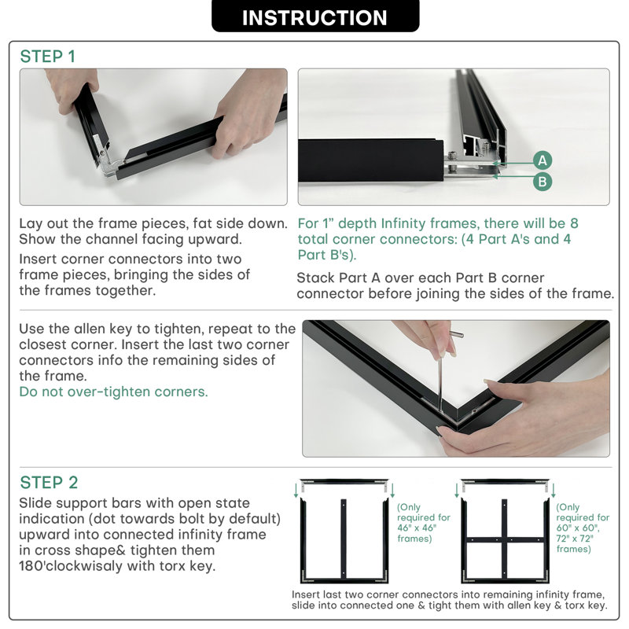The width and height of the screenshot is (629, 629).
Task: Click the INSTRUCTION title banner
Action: tap(315, 16)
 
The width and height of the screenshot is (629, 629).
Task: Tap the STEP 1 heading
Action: tap(48, 57)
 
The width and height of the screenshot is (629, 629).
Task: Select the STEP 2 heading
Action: tap(49, 483)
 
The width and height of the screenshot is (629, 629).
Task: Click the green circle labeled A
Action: tap(543, 160)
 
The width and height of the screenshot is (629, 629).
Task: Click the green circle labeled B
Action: tap(543, 182)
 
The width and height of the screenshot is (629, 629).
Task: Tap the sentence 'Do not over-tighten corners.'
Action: tap(113, 392)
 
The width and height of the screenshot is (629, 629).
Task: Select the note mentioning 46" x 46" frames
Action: tap(424, 523)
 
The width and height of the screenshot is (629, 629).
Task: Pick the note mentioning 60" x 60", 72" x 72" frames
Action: tap(583, 528)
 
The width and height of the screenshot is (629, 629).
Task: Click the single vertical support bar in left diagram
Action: tap(344, 539)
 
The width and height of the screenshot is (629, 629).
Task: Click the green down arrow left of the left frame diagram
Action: tap(296, 490)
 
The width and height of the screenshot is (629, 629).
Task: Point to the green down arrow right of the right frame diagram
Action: tap(554, 490)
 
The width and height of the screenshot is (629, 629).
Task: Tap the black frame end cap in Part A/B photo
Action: tap(370, 160)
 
